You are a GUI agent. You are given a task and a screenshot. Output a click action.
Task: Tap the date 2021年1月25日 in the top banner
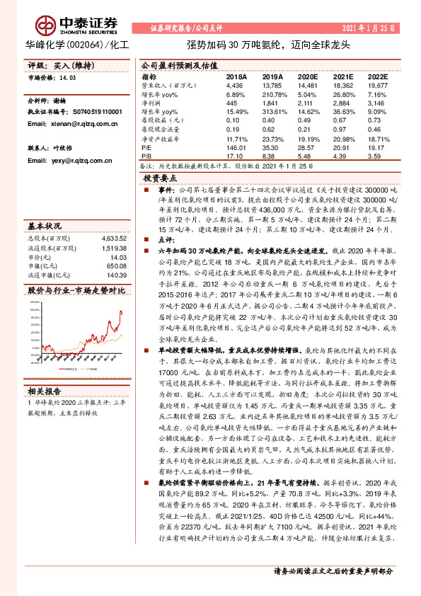pyautogui.click(x=374, y=28)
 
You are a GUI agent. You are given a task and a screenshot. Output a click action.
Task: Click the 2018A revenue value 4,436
pyautogui.click(x=234, y=84)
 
